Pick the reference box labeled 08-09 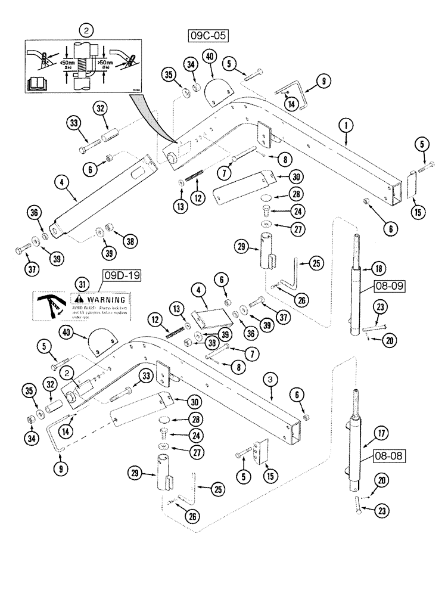click(390, 285)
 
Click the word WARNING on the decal click(107, 299)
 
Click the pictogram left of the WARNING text click(51, 305)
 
